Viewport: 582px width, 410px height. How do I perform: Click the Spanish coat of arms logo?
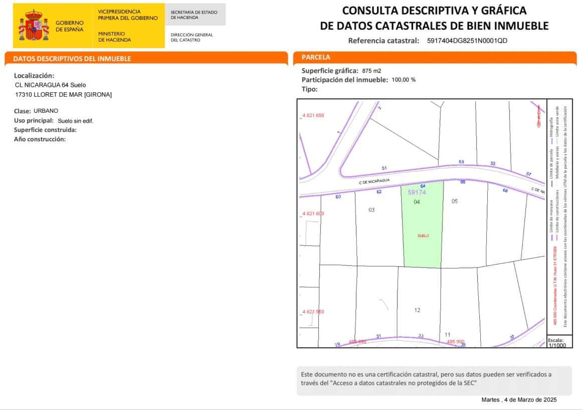click(34, 25)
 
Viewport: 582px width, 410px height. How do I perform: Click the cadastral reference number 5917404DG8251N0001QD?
click(467, 41)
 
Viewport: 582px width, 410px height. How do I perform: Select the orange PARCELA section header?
click(316, 57)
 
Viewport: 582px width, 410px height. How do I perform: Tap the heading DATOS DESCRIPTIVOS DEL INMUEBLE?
click(72, 59)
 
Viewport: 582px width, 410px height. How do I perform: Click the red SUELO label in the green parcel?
click(423, 236)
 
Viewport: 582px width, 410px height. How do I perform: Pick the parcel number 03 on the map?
click(371, 210)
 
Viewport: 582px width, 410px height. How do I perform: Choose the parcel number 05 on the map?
click(455, 201)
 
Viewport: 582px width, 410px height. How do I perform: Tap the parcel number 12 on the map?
click(417, 310)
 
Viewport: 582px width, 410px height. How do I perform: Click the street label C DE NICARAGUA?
click(374, 182)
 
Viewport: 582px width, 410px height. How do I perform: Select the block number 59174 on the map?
click(417, 192)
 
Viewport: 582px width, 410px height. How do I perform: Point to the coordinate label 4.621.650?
click(313, 115)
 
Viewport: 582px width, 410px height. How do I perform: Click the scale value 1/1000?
click(557, 345)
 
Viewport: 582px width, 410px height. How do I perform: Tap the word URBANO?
click(46, 111)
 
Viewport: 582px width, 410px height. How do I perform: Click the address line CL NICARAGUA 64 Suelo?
click(51, 85)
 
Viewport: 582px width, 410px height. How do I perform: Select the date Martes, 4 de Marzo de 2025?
click(519, 399)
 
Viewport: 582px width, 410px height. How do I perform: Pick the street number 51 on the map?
click(384, 168)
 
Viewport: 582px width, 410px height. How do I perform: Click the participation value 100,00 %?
click(404, 80)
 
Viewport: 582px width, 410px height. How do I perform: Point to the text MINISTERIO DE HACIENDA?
click(114, 37)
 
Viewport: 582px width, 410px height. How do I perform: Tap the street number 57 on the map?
click(529, 174)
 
